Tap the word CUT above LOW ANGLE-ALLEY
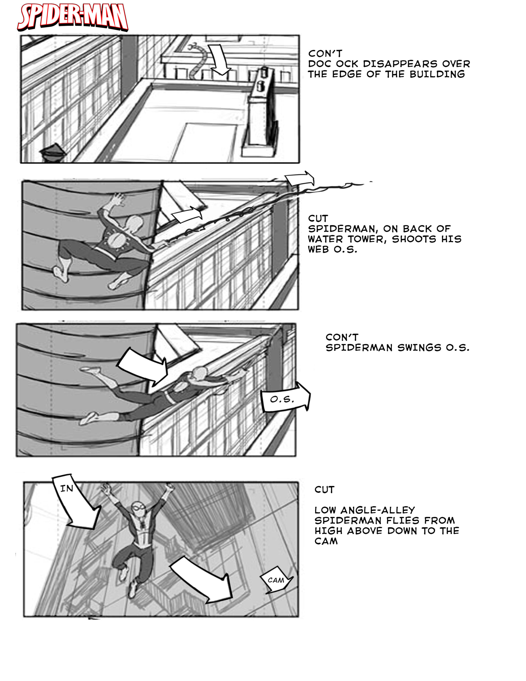[x=324, y=489]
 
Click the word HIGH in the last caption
[x=328, y=531]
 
